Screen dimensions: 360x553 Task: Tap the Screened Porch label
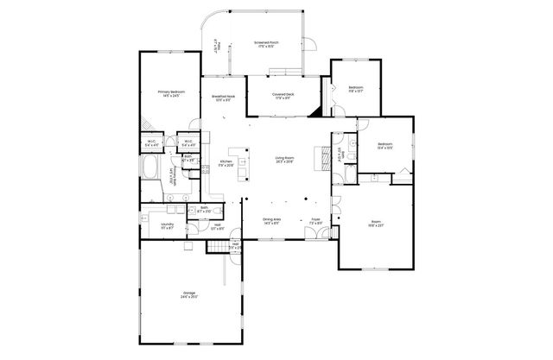pos(264,43)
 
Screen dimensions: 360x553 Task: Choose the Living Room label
pos(285,160)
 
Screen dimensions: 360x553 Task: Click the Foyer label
pos(315,220)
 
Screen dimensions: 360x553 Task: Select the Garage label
pos(189,294)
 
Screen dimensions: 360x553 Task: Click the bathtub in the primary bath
pos(149,167)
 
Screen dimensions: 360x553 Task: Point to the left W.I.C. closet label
pos(151,143)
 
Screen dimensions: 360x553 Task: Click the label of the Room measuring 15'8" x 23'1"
pos(374,226)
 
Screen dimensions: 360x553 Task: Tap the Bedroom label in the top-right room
pos(356,89)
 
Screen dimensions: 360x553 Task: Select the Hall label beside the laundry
pos(216,227)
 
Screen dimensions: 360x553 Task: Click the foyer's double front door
pos(316,238)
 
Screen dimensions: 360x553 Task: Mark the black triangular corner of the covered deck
pos(317,110)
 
